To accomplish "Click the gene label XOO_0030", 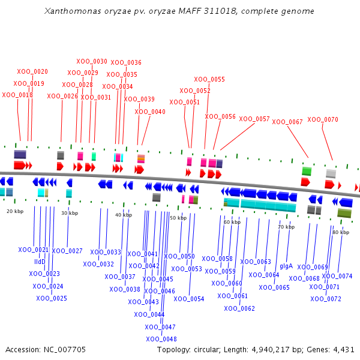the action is tap(92, 62).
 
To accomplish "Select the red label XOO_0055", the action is tap(209, 79).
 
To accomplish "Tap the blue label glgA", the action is tap(286, 266).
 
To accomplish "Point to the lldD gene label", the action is tap(40, 262).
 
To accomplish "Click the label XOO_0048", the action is tap(161, 339).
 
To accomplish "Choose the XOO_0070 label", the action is tap(323, 119).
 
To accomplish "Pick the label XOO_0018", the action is tap(17, 95).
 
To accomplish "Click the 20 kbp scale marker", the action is tap(15, 211).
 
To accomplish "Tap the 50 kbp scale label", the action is tap(178, 218).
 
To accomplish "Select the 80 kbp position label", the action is tap(341, 232).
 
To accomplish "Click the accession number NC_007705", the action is tap(65, 350).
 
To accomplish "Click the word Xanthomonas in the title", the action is tap(73, 11).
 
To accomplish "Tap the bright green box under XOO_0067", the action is tap(307, 172).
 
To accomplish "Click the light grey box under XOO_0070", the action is tap(331, 173).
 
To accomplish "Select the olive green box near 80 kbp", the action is tap(344, 213).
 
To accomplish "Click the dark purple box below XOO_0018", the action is tap(20, 154).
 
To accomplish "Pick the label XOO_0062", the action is tap(239, 308).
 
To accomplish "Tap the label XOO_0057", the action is tap(254, 119).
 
